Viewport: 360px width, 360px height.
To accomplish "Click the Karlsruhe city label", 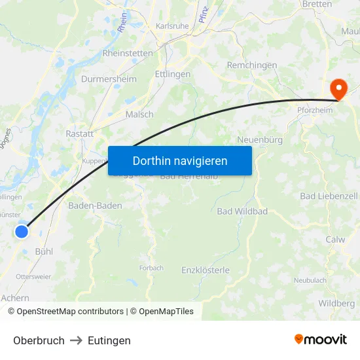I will pyautogui.click(x=172, y=27).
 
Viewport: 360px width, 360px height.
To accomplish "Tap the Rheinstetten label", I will pyautogui.click(x=128, y=53).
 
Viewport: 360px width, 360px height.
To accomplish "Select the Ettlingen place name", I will pyautogui.click(x=173, y=74).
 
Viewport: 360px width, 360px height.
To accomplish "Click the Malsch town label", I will pyautogui.click(x=139, y=114).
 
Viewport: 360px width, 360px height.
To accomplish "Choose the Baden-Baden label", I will pyautogui.click(x=95, y=205).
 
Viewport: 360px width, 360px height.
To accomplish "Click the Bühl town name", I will pyautogui.click(x=43, y=251).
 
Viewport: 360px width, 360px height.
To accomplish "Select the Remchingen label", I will pyautogui.click(x=251, y=65).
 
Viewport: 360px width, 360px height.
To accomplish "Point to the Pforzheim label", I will pyautogui.click(x=315, y=110).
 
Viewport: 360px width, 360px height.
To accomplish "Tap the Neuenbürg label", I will pyautogui.click(x=259, y=139).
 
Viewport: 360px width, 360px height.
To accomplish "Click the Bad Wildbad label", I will pyautogui.click(x=242, y=211).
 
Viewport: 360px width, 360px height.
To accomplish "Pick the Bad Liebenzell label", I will pyautogui.click(x=329, y=196).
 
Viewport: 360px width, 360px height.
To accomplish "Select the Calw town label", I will pyautogui.click(x=335, y=240).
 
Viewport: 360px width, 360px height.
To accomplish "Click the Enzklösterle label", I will pyautogui.click(x=206, y=270).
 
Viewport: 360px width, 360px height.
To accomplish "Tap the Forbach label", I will pyautogui.click(x=151, y=268).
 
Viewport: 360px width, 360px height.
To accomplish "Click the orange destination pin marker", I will pyautogui.click(x=339, y=88).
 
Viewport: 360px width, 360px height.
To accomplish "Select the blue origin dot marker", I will pyautogui.click(x=22, y=231).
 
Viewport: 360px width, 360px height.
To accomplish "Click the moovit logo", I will pyautogui.click(x=320, y=339).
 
